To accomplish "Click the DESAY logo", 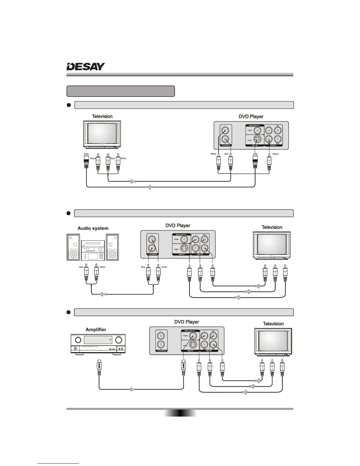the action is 86,67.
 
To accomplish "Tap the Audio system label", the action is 93,228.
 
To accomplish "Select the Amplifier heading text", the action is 96,329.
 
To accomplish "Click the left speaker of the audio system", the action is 73,247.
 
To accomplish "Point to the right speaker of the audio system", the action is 112,247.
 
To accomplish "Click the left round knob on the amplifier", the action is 78,340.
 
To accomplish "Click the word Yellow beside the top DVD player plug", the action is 275,154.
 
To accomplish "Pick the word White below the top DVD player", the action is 213,154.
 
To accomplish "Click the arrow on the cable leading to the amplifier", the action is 133,390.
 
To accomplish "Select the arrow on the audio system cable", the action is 103,294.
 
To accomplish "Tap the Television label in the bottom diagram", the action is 273,324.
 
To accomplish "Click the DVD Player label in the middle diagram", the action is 178,226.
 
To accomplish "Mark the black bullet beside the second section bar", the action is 69,213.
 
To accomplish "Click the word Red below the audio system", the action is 81,267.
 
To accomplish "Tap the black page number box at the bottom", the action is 180,413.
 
